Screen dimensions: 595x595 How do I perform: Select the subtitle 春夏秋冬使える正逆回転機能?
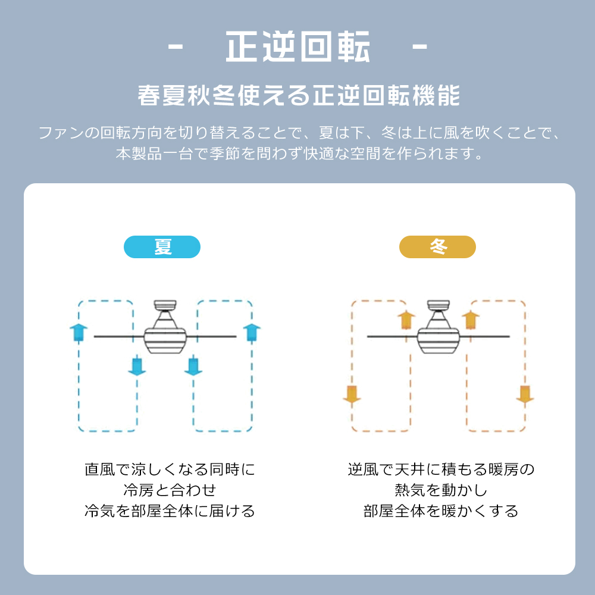click(298, 95)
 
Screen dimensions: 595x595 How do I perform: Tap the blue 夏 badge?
click(162, 247)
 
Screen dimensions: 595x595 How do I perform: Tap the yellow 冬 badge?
click(437, 247)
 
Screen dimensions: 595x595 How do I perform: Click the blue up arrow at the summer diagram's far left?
click(78, 332)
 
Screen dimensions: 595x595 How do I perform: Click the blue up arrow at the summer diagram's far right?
click(252, 332)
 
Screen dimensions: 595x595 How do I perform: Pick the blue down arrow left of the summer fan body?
click(137, 365)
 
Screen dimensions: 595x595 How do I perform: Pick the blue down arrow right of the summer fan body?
click(193, 365)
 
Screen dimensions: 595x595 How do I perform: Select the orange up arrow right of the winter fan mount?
click(471, 320)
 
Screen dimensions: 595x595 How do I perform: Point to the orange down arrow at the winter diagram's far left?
click(352, 394)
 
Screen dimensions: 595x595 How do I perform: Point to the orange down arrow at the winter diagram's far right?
click(524, 394)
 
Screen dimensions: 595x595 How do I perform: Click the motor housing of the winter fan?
click(439, 339)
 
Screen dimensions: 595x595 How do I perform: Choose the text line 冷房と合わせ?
click(170, 490)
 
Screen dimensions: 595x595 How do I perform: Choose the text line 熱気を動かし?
click(441, 490)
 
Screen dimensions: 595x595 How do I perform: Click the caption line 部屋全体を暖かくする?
click(441, 511)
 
